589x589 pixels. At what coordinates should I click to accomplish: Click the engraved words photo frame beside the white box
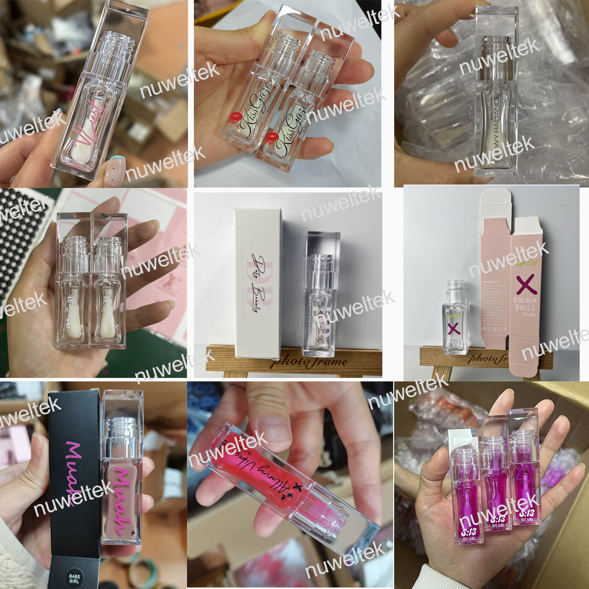coord(309,362)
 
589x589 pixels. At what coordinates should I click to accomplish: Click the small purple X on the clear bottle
coord(454,328)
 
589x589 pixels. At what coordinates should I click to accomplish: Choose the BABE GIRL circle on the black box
coord(75,578)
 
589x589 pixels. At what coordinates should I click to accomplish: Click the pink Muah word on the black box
coord(73,466)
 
